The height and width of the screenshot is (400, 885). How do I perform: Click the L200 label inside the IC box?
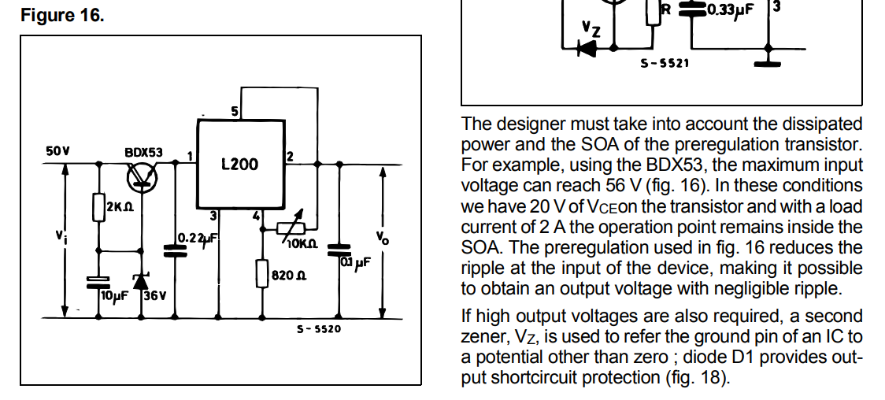(x=240, y=165)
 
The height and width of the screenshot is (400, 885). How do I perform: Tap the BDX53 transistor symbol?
(x=143, y=176)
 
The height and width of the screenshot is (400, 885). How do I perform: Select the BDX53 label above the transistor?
(x=143, y=152)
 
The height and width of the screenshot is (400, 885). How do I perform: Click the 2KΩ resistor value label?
(x=120, y=207)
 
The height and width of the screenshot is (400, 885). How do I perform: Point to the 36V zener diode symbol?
(x=142, y=281)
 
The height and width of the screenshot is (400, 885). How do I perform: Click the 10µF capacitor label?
(x=114, y=295)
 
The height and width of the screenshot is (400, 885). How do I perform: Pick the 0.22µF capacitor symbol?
(x=174, y=250)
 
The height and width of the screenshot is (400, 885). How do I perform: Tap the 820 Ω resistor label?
(x=289, y=276)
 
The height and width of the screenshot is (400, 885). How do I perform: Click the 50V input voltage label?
(x=57, y=151)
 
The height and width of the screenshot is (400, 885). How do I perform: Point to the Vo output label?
(x=383, y=238)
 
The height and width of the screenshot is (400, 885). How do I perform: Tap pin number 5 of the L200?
(x=235, y=112)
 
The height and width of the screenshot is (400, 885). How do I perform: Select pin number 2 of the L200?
(x=290, y=156)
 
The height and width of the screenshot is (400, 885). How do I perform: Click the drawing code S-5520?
(x=320, y=328)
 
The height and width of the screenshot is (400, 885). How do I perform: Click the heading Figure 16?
(x=62, y=15)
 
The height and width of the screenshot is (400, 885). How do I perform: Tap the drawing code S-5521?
(x=665, y=63)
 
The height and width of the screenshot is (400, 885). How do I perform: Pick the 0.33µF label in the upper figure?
(x=730, y=9)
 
